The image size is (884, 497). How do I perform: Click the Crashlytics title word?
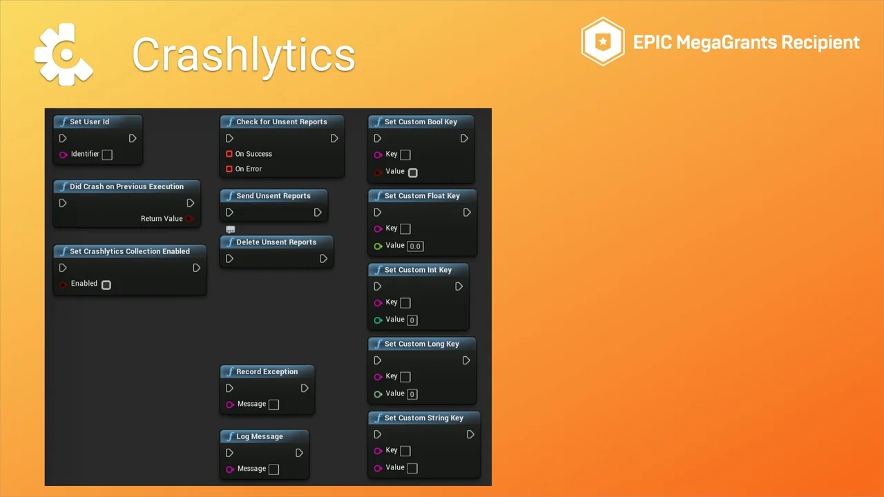pyautogui.click(x=244, y=55)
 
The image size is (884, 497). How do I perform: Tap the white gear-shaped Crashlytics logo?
pyautogui.click(x=64, y=55)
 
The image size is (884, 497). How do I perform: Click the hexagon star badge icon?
pyautogui.click(x=603, y=41)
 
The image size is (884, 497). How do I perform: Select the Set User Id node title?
pyautogui.click(x=89, y=122)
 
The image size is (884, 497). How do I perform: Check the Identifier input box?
pyautogui.click(x=107, y=155)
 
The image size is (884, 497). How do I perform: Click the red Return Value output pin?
pyautogui.click(x=189, y=219)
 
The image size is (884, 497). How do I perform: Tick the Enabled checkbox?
pyautogui.click(x=106, y=285)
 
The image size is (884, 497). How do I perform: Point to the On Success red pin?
pyautogui.click(x=229, y=154)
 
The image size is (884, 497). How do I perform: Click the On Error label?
pyautogui.click(x=248, y=169)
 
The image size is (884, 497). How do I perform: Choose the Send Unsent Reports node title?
pyautogui.click(x=273, y=196)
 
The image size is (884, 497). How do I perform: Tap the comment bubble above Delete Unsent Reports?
pyautogui.click(x=231, y=229)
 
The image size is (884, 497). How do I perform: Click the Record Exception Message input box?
pyautogui.click(x=273, y=405)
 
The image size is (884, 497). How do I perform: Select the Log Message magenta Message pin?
pyautogui.click(x=230, y=469)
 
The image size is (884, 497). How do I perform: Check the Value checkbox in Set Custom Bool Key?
pyautogui.click(x=413, y=173)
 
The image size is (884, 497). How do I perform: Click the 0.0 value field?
pyautogui.click(x=415, y=246)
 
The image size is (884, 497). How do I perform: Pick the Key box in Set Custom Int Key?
pyautogui.click(x=405, y=303)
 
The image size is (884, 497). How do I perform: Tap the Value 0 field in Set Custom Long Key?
pyautogui.click(x=412, y=394)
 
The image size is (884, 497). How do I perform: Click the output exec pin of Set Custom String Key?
pyautogui.click(x=470, y=435)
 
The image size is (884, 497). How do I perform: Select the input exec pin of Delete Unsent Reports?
pyautogui.click(x=229, y=259)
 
